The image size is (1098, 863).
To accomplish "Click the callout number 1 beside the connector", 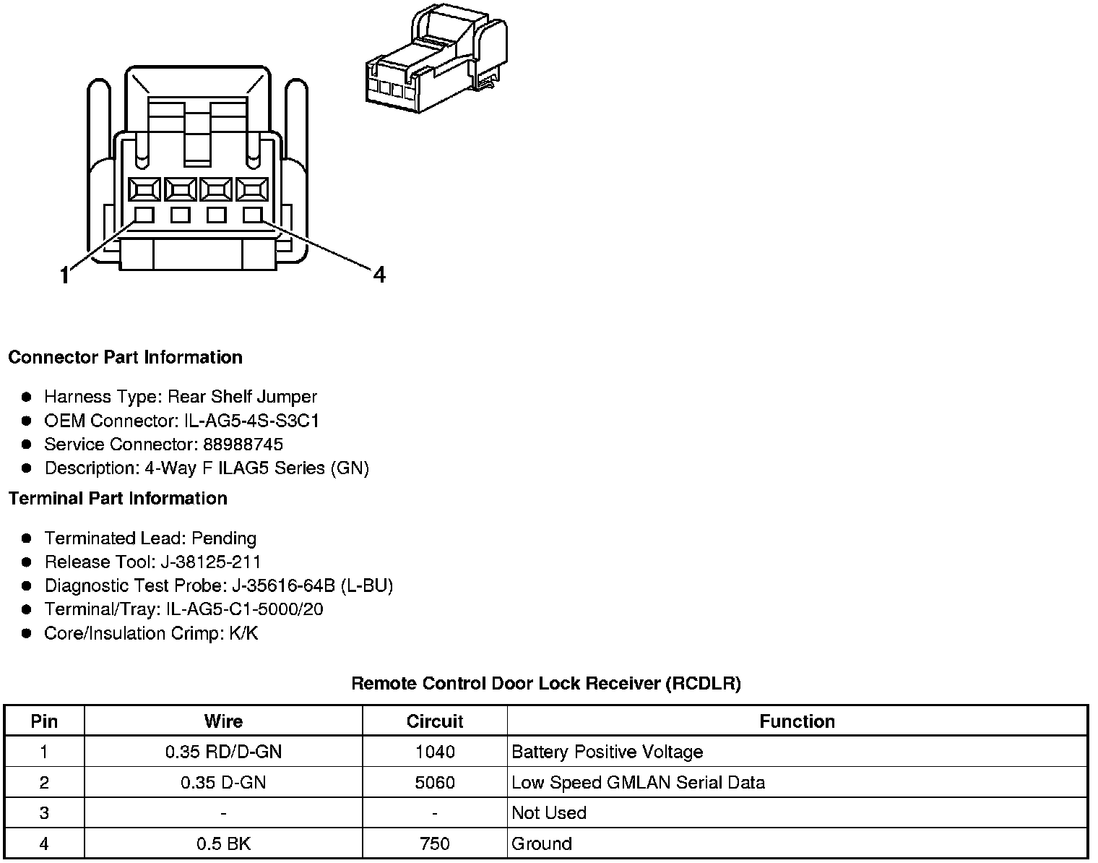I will point(65,275).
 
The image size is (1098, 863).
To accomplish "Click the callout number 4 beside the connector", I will point(379,275).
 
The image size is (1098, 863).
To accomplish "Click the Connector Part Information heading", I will point(125,357).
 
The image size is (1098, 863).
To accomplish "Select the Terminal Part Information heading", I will point(118,498).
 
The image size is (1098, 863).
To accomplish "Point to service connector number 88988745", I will point(243,444).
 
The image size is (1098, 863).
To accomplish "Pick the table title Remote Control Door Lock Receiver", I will point(545,683).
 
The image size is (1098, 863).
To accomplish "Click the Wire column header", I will point(223,721).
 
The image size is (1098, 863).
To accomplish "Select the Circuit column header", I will point(435,721).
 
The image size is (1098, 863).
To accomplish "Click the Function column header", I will point(797,721).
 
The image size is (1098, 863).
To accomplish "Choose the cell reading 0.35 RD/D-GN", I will point(223,752).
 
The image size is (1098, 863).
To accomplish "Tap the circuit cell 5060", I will point(435,782).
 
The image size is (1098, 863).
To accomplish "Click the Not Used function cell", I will point(548,812).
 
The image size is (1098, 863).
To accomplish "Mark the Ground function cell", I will point(541,843).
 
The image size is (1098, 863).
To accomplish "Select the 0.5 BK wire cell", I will point(223,843).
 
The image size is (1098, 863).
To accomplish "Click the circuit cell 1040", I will point(435,752).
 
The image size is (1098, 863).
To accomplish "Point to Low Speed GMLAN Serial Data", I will point(638,782).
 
